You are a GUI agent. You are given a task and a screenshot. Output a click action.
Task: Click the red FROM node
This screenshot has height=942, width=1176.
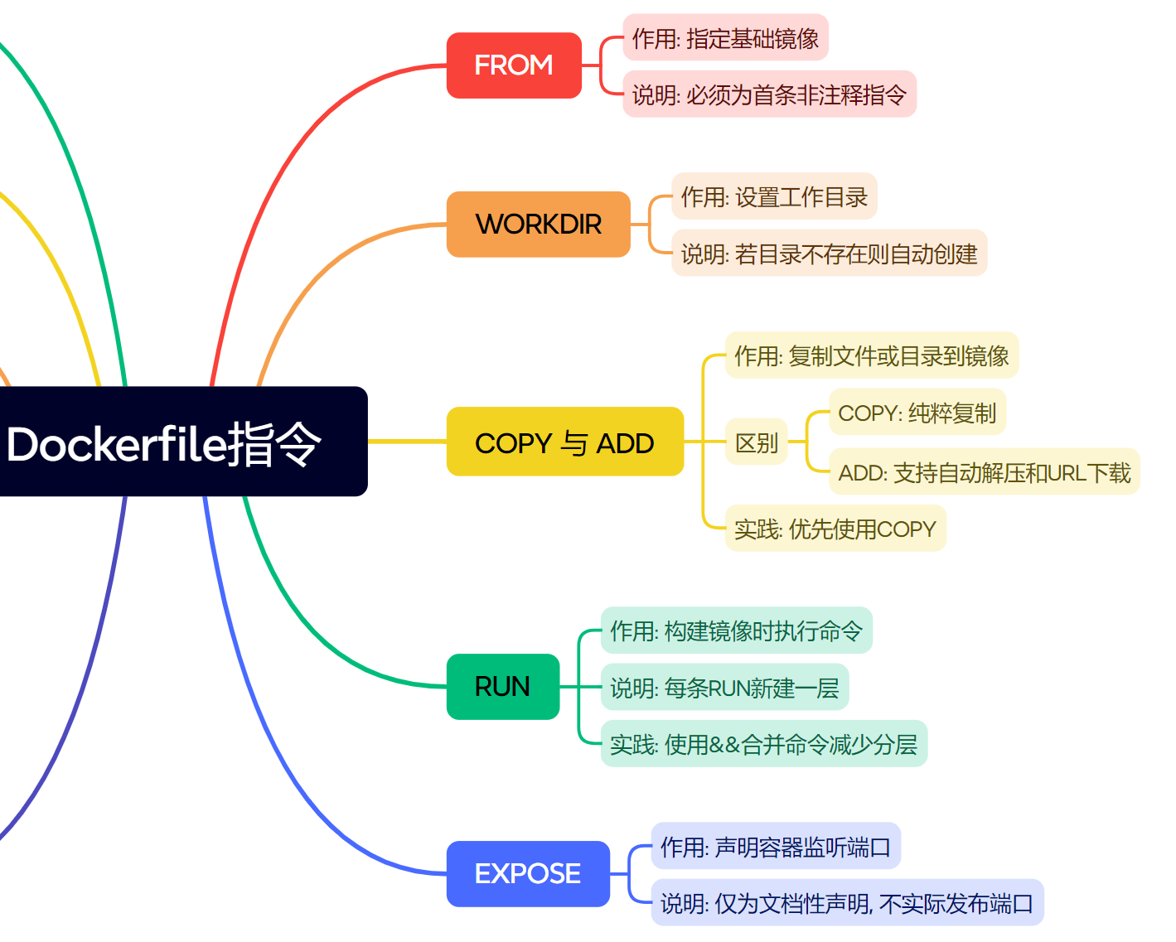(x=514, y=65)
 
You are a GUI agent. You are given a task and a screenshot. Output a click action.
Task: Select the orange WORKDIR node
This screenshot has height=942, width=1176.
(x=539, y=225)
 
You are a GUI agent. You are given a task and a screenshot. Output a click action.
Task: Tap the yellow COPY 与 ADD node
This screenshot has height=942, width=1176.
(x=564, y=442)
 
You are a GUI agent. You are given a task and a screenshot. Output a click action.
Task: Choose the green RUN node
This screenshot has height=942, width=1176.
(x=502, y=687)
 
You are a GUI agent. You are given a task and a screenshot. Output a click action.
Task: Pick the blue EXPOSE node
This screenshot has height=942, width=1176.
(x=528, y=874)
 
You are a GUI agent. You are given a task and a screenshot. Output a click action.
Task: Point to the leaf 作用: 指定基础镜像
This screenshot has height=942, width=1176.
(x=725, y=38)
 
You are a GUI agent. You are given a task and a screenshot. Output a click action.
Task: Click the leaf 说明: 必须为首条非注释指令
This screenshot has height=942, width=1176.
(x=769, y=94)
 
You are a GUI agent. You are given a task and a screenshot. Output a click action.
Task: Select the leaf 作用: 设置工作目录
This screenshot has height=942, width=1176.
(x=774, y=197)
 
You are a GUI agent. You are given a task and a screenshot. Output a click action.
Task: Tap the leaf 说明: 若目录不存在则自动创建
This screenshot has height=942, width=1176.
(x=829, y=254)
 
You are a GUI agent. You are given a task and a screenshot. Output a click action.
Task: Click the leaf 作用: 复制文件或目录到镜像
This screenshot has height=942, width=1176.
(x=871, y=356)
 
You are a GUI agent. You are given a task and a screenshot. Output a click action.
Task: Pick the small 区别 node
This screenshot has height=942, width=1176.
(x=756, y=442)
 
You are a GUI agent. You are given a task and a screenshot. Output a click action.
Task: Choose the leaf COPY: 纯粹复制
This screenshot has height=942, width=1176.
(x=917, y=413)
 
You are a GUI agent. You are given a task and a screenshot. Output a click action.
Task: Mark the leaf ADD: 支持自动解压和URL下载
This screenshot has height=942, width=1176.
(x=984, y=472)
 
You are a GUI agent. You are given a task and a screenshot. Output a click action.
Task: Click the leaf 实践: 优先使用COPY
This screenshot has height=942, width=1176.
(x=835, y=529)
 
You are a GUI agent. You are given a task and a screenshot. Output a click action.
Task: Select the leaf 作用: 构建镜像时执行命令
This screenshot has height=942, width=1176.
(x=736, y=631)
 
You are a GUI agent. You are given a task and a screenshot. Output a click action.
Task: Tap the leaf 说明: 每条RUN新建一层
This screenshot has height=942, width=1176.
(x=724, y=688)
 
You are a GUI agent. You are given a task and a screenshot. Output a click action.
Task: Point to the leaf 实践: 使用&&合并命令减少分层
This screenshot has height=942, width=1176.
(x=763, y=744)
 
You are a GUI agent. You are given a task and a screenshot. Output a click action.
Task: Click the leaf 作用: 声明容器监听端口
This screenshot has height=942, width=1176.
(x=775, y=847)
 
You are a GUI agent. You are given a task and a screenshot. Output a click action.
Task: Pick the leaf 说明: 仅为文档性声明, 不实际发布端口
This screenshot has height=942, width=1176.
(x=846, y=903)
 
